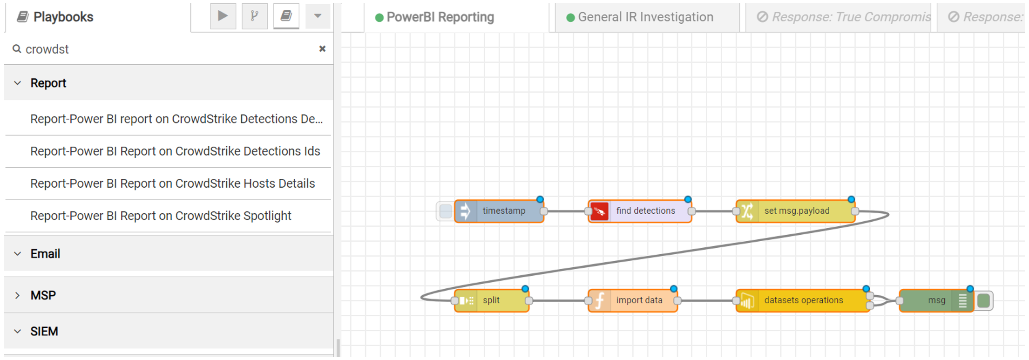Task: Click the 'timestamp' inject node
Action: coord(499,211)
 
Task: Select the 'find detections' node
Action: coord(640,211)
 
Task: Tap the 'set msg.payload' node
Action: coord(795,211)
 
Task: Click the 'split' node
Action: coord(492,300)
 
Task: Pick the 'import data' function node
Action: coord(633,300)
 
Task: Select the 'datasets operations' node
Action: coord(803,300)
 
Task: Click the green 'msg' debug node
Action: coord(936,300)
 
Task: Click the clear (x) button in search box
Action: coord(322,49)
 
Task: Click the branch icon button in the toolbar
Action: coord(255,16)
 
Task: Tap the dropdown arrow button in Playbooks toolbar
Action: coord(318,16)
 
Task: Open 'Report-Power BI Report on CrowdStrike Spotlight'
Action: coord(161,216)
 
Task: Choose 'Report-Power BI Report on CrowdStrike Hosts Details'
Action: coord(173,183)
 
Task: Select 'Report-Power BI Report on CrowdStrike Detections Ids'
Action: coord(175,151)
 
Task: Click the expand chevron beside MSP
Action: coord(18,295)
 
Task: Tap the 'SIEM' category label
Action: coord(44,332)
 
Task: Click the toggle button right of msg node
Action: coord(983,301)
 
